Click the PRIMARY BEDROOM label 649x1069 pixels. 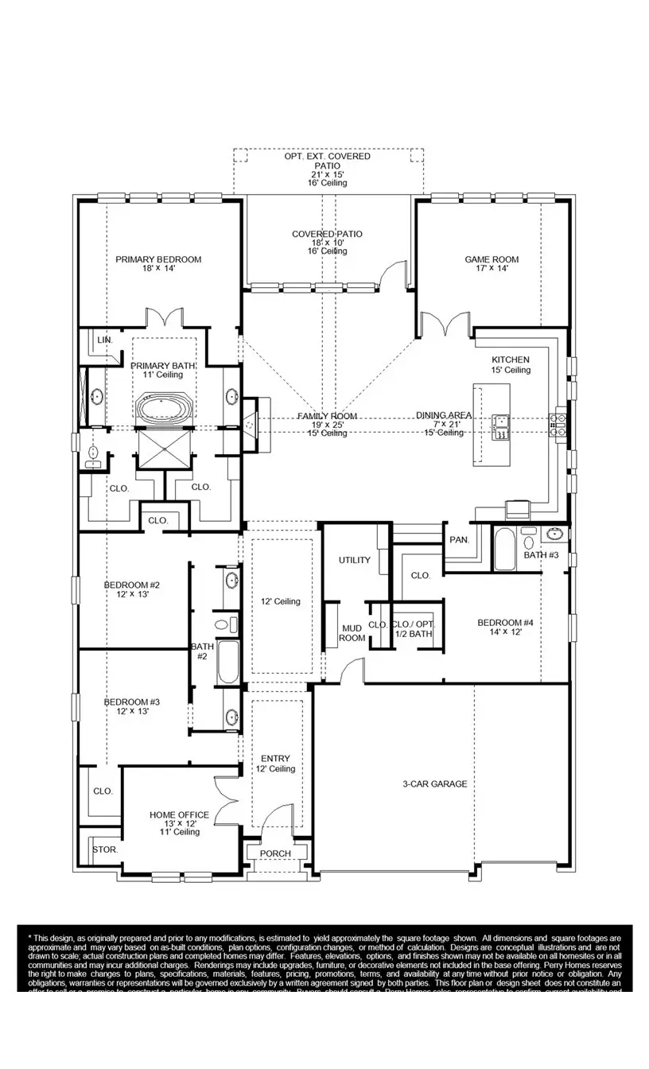click(x=158, y=259)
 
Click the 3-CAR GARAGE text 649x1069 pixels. click(x=434, y=783)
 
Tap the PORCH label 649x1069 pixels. click(x=275, y=853)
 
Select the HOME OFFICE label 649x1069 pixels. click(x=179, y=814)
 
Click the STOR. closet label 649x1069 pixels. click(x=105, y=849)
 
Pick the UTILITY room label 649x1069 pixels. click(x=355, y=560)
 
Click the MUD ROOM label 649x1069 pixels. click(x=352, y=632)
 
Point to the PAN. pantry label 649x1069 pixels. click(x=459, y=540)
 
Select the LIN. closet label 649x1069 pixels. click(x=105, y=340)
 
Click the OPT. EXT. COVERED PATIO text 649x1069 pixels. click(x=327, y=161)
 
